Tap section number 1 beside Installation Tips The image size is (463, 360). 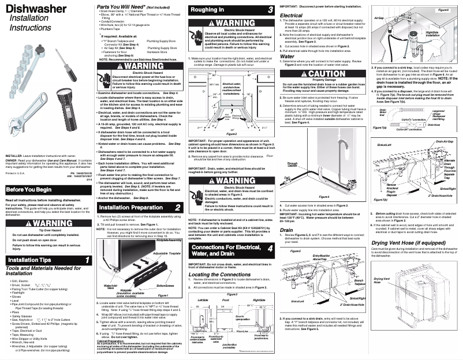(87, 261)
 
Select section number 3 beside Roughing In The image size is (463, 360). (270, 10)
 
